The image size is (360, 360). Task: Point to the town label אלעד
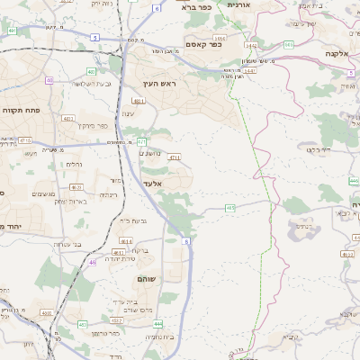[151, 183]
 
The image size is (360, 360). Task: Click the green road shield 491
[12, 30]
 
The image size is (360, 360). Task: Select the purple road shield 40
[49, 80]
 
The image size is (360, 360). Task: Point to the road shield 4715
[24, 140]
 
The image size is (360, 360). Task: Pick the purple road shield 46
[93, 262]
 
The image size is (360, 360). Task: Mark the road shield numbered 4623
[76, 186]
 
